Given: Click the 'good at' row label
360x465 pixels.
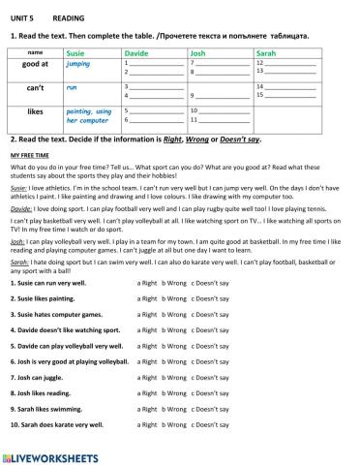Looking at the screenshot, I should (x=35, y=63).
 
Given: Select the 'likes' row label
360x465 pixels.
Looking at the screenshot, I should (x=35, y=111).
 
